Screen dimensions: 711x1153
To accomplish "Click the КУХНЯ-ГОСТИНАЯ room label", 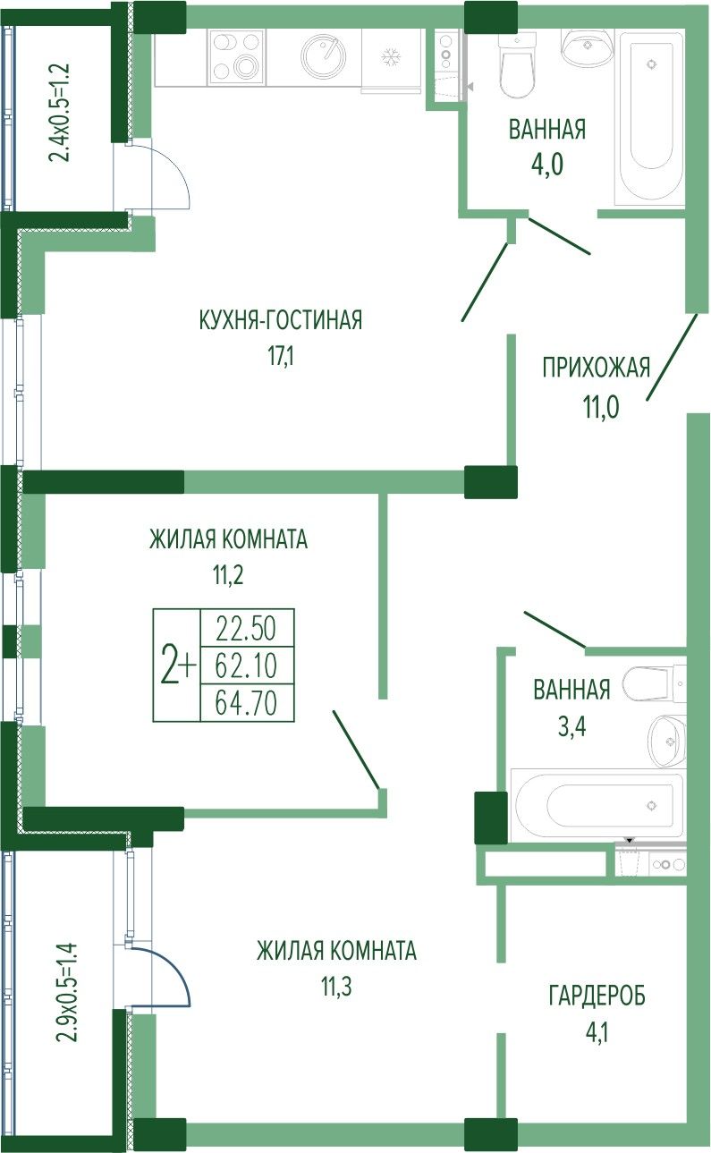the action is (281, 319).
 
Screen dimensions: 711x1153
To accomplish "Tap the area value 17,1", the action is (281, 356).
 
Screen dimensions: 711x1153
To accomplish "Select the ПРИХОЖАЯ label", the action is (597, 369).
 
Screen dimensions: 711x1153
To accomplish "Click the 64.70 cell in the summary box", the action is (247, 703).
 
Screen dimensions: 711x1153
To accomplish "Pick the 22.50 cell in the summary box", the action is (247, 629).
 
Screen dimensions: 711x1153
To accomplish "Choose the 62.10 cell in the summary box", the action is (247, 666).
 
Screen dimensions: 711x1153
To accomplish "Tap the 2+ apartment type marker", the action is (178, 666).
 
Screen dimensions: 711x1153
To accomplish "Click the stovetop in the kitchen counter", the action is (238, 56).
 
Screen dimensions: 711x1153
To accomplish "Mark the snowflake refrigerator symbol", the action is (391, 56).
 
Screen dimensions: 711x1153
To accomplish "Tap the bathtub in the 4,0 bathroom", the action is (650, 117).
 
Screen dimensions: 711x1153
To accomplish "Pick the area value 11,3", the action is (336, 988).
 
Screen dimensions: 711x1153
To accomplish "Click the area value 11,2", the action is (228, 575).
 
